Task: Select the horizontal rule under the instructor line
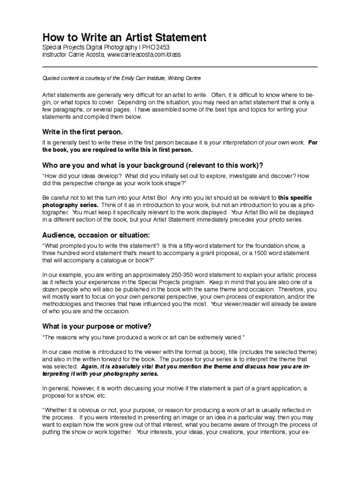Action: tap(180, 67)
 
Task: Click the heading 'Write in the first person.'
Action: tap(82, 132)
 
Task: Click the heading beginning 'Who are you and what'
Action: tap(153, 166)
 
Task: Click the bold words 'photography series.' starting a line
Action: tap(71, 205)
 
